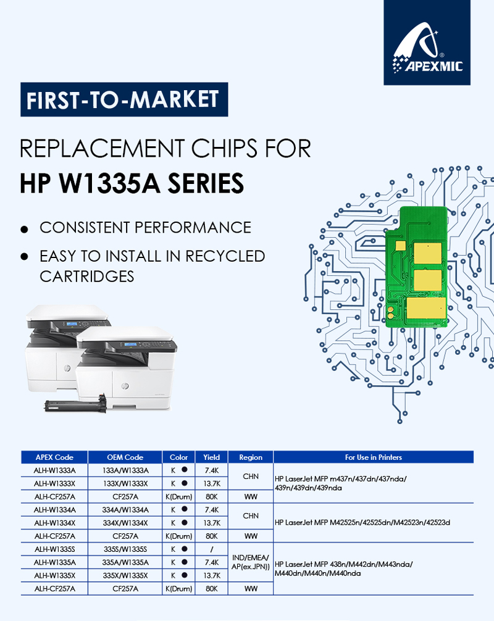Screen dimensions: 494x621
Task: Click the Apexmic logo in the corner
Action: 427,43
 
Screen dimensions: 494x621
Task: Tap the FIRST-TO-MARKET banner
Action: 124,99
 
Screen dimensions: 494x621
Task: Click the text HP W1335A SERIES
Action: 132,183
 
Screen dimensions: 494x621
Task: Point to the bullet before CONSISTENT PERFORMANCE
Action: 25,229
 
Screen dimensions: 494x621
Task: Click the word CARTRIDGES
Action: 86,277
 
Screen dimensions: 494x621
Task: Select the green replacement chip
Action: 417,267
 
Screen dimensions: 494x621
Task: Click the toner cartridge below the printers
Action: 76,406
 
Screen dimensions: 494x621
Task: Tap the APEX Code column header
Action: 54,457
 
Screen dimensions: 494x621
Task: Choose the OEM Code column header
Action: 125,457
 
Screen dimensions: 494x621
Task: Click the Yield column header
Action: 212,457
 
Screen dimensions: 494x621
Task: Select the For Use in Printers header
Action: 373,457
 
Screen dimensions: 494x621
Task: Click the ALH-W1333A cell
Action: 55,470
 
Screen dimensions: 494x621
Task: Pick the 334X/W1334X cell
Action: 125,523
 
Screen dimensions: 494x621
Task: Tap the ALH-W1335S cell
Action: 55,549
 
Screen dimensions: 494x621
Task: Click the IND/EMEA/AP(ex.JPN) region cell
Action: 250,562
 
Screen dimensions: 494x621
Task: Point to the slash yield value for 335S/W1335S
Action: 212,549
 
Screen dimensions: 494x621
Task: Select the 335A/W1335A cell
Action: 125,562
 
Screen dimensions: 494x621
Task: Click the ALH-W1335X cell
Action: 55,575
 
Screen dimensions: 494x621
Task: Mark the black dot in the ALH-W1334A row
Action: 184,509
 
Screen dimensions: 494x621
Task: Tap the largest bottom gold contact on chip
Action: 426,309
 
